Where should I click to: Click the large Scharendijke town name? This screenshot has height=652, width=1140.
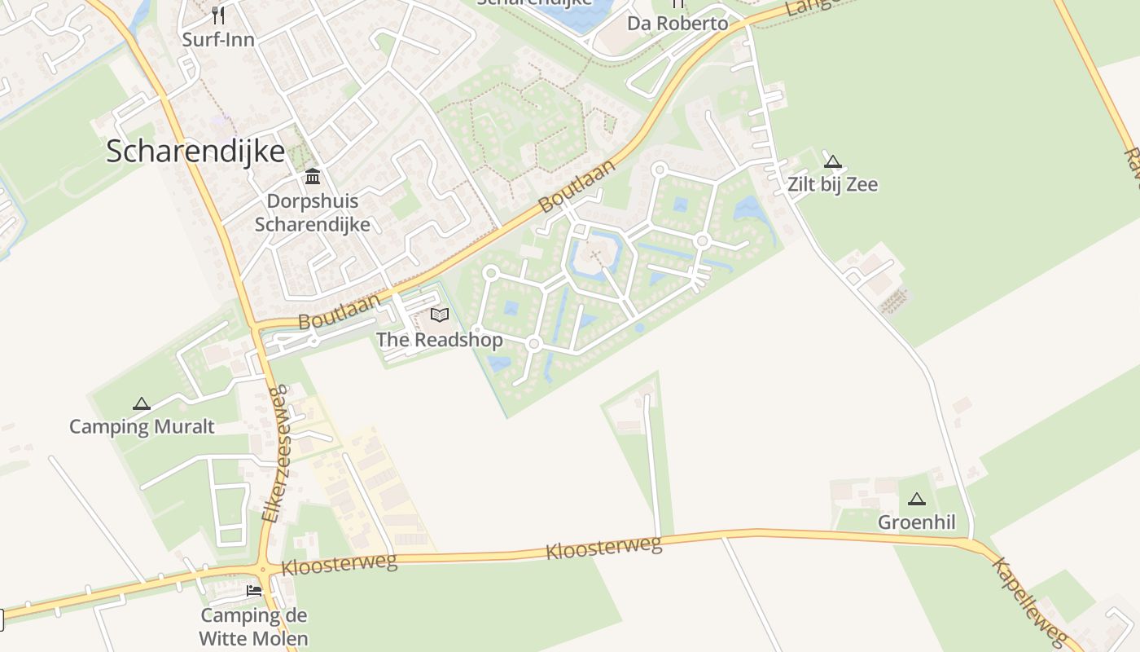click(195, 152)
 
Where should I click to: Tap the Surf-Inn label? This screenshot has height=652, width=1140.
click(218, 39)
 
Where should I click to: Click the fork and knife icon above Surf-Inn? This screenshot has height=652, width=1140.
click(217, 15)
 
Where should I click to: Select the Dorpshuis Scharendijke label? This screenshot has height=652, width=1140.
click(313, 213)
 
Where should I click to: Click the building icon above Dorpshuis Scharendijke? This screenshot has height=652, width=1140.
click(312, 176)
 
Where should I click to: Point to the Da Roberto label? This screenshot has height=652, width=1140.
click(677, 23)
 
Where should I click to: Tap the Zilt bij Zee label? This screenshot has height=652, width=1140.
click(832, 184)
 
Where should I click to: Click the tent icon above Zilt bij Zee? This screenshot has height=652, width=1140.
click(832, 161)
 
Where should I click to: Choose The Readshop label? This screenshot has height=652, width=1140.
click(440, 339)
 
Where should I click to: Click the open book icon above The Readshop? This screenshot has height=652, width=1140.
click(440, 315)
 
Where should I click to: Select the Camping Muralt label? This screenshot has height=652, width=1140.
click(142, 426)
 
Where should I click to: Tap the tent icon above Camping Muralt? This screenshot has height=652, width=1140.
click(142, 403)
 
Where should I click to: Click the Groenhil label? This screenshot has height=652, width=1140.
click(916, 522)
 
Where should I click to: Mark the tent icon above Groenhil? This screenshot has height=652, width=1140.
click(917, 499)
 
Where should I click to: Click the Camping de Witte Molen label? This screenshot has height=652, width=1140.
click(254, 627)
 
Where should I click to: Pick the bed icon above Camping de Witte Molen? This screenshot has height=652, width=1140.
click(254, 590)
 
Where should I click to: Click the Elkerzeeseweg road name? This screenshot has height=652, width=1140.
click(274, 453)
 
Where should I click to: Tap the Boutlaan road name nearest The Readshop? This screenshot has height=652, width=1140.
click(339, 311)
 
